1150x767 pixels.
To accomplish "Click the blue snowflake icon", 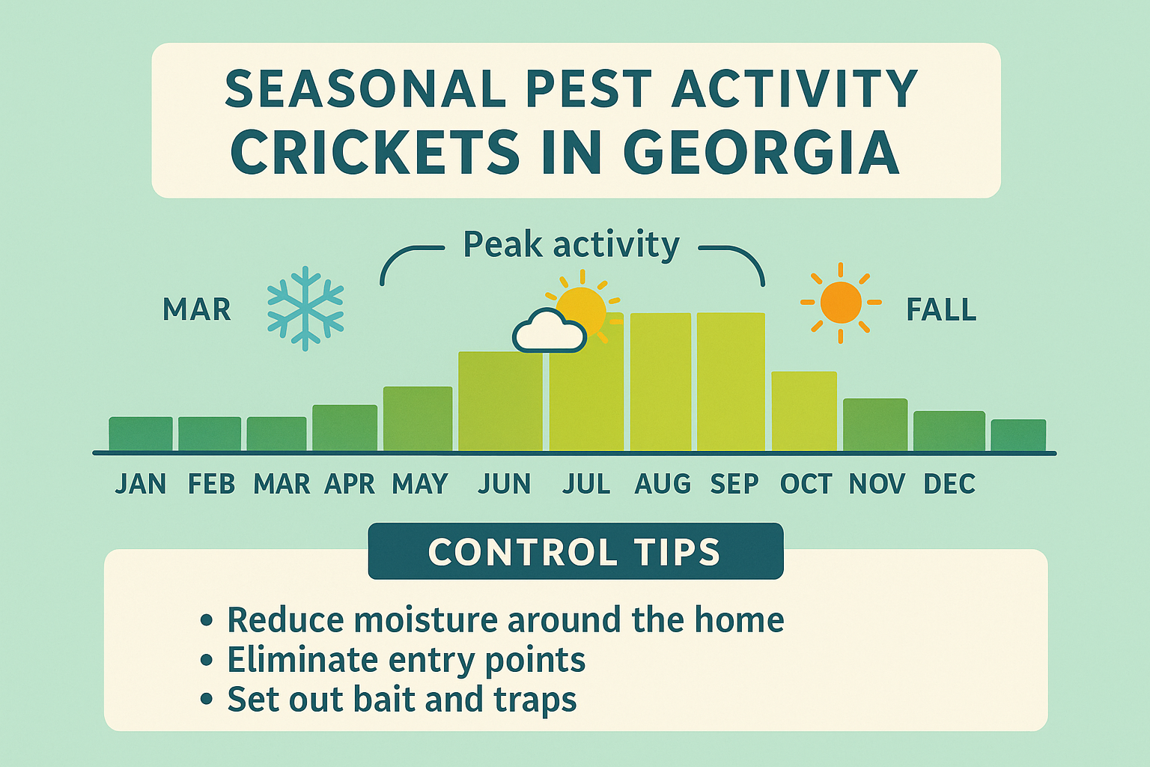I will [x=305, y=308].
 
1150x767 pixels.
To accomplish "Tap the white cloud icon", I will [x=549, y=332].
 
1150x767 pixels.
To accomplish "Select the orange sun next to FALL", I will [x=840, y=303].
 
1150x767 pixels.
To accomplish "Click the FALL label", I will [x=941, y=309].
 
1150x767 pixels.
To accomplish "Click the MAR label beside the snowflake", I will [x=197, y=309].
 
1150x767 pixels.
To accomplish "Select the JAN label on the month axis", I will [x=141, y=485].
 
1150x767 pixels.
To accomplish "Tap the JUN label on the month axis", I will [x=504, y=485].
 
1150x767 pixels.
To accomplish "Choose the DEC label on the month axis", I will [x=949, y=485].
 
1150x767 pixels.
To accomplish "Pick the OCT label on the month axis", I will [x=806, y=485].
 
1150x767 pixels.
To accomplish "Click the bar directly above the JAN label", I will [x=141, y=434].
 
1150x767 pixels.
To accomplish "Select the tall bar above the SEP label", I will [x=731, y=382].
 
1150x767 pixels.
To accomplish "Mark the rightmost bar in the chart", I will [x=1018, y=435].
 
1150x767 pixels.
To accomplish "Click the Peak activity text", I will [x=571, y=245].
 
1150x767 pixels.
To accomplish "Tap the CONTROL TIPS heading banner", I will [x=575, y=552].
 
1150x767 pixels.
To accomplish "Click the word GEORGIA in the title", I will [x=761, y=153].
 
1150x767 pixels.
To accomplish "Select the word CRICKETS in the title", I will [x=374, y=153].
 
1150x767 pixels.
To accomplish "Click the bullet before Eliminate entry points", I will [x=207, y=661].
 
